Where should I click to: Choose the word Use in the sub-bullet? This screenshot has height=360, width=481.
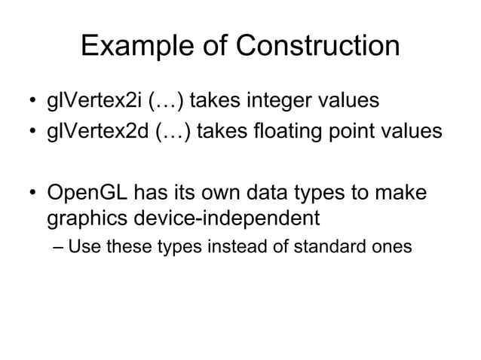(x=81, y=246)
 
